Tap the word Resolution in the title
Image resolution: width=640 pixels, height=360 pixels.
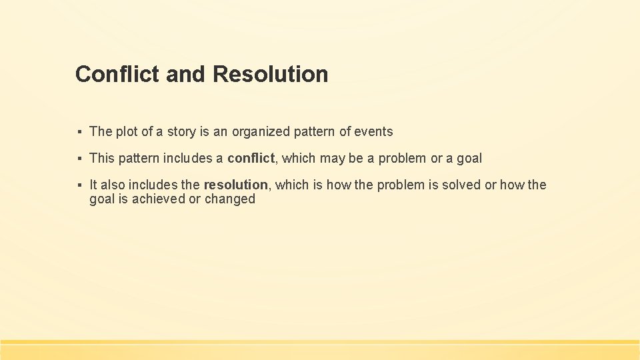(x=271, y=74)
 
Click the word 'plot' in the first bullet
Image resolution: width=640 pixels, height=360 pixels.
(x=126, y=132)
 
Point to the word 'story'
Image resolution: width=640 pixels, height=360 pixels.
(x=181, y=132)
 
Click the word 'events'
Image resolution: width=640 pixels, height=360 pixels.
(x=374, y=132)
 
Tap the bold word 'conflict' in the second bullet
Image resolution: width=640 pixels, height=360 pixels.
(x=251, y=159)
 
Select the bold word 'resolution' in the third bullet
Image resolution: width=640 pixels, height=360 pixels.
(x=235, y=185)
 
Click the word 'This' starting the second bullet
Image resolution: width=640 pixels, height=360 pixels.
(x=102, y=159)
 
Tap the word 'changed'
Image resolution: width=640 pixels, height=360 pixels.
(x=230, y=199)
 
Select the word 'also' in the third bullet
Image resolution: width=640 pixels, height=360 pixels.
(x=113, y=185)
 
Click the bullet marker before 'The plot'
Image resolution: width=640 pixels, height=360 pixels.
(x=79, y=132)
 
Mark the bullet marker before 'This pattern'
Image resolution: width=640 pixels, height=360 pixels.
(x=79, y=159)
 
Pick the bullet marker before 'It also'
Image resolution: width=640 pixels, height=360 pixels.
(x=79, y=185)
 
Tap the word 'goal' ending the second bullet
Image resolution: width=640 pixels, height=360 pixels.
(x=469, y=159)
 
